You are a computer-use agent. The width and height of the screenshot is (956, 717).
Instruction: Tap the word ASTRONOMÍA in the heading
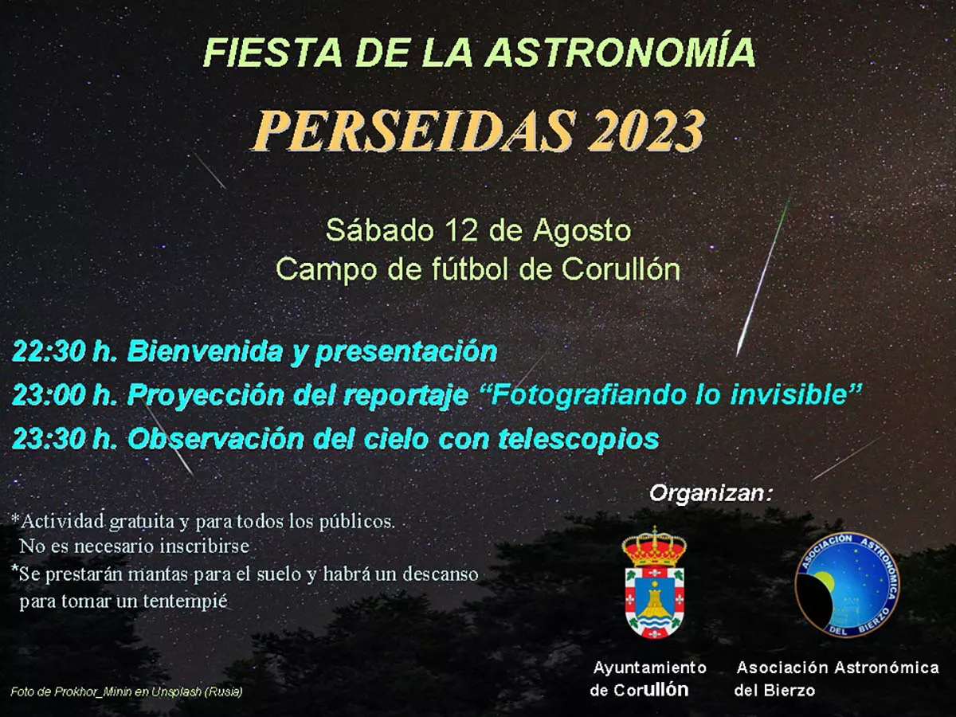point(621,53)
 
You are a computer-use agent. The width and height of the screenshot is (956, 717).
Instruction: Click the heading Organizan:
point(711,493)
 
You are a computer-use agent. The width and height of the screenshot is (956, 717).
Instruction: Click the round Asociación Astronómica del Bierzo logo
point(848,586)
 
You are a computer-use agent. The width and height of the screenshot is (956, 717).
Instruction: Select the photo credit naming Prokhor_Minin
point(127,692)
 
